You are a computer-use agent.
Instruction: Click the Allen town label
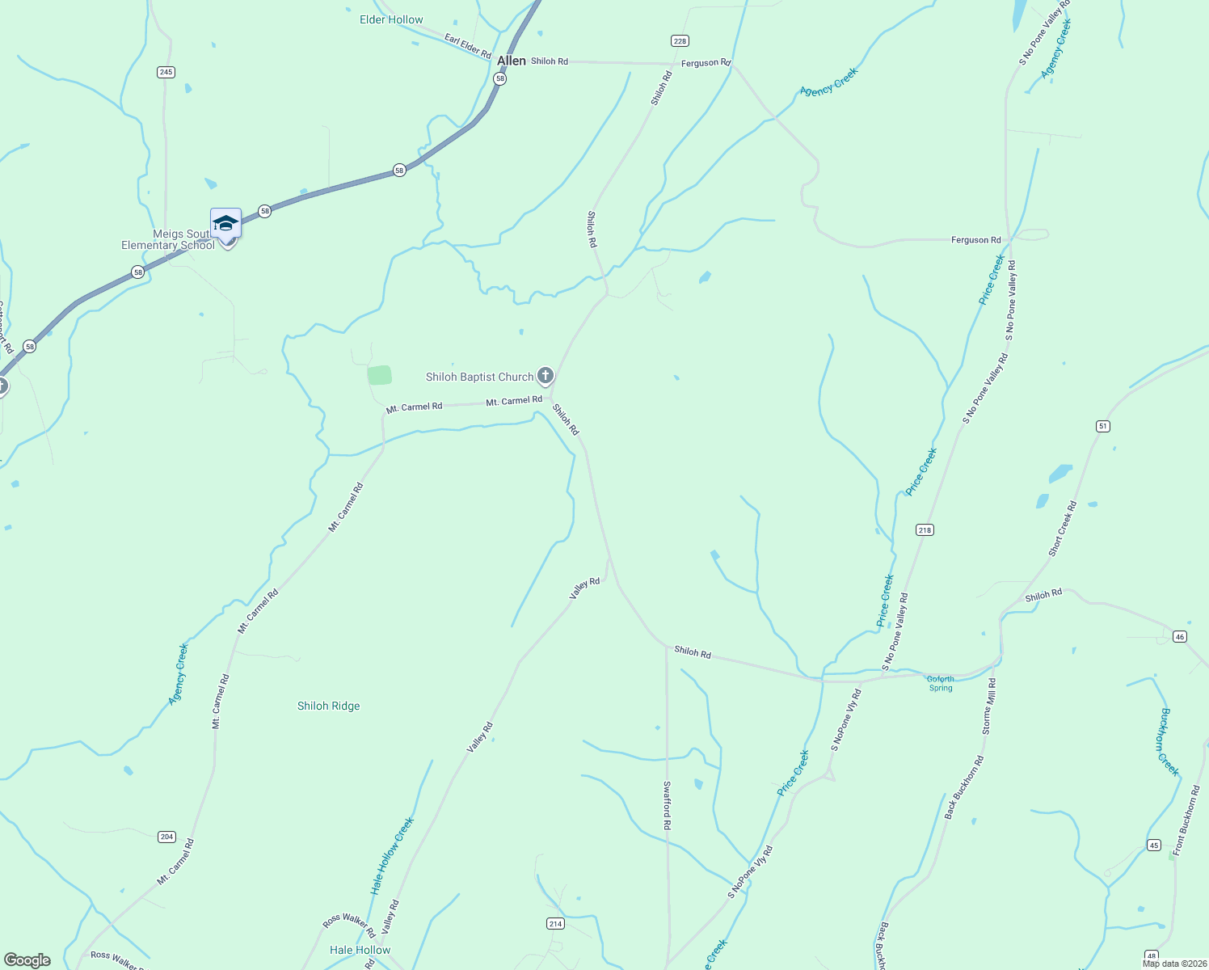pos(511,61)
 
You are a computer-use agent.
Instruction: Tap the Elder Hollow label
pos(391,19)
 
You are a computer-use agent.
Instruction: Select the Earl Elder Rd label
pos(467,45)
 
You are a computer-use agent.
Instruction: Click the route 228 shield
pos(680,40)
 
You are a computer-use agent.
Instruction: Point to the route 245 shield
pos(166,72)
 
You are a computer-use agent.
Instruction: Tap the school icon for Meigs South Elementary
pos(225,223)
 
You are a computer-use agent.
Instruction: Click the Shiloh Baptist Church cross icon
pos(546,375)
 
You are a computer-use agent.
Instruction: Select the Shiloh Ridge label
pos(328,706)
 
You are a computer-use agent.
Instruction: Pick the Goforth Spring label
pos(941,684)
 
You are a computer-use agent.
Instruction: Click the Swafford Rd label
pos(667,805)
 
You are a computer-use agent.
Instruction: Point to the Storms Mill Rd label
pos(989,706)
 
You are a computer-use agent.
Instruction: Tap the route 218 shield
pos(925,529)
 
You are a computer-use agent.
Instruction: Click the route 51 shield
pos(1103,426)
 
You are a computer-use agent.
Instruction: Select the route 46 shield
pos(1180,636)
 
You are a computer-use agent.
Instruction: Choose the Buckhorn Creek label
pos(1169,741)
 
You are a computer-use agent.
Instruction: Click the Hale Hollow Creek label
pos(392,855)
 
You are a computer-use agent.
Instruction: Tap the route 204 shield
pos(166,837)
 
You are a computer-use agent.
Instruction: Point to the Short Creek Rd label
pos(1062,529)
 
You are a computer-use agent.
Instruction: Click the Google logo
pos(27,959)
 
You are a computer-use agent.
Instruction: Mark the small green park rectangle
pos(379,375)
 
